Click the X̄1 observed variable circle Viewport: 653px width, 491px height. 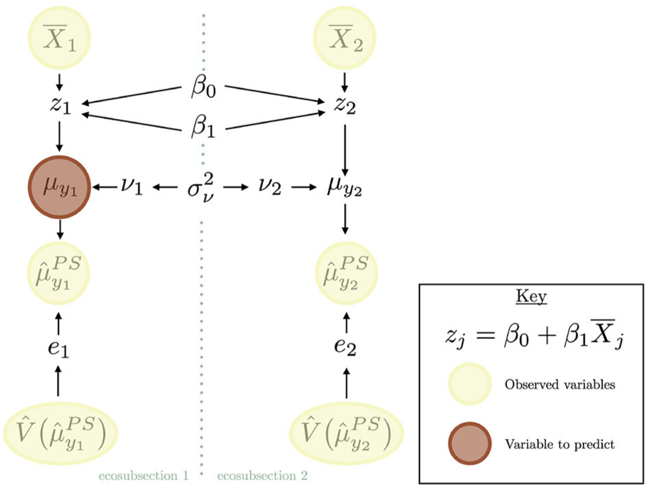point(59,37)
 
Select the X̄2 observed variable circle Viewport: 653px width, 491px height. point(345,37)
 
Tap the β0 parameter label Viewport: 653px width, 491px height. point(203,86)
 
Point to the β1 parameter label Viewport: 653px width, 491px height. point(203,127)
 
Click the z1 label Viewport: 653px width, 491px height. point(60,105)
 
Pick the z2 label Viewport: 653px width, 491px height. point(345,105)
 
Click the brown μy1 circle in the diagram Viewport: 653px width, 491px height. point(59,187)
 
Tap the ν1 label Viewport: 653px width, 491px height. point(132,187)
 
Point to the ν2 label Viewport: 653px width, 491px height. point(270,187)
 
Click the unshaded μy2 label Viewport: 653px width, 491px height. point(345,187)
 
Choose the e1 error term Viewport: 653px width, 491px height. point(58,348)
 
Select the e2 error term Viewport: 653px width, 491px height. point(345,347)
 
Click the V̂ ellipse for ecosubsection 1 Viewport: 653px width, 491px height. point(61,433)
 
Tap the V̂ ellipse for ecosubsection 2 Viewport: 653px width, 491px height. point(346,433)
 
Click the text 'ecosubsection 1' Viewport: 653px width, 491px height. point(144,476)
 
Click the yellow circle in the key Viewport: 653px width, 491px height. point(470,384)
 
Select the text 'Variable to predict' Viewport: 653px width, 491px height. point(560,444)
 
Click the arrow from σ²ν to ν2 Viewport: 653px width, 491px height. point(236,187)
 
